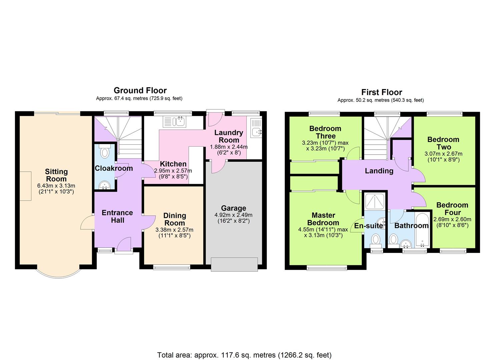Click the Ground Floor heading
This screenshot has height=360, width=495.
140,90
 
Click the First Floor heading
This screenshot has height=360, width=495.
382,92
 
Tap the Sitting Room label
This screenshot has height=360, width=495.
56,175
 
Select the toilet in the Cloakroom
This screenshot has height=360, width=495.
105,152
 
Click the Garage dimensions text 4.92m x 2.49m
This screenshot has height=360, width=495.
233,215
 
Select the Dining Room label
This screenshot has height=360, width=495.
175,219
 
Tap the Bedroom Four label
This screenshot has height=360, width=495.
452,209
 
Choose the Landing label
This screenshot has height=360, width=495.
379,171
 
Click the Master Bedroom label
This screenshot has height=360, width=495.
323,219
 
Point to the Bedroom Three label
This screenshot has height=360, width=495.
325,132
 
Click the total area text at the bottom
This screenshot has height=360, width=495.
244,355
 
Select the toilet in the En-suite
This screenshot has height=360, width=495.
376,239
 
